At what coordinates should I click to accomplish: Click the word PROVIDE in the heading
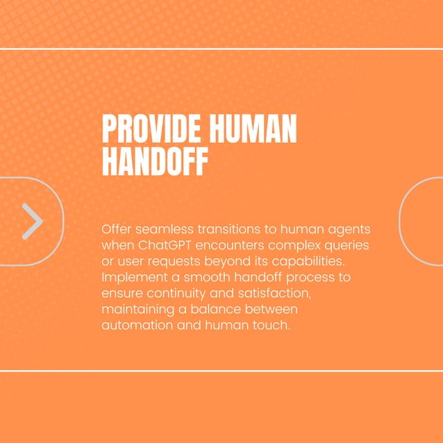tap(144, 129)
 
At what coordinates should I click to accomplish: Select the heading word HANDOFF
tap(154, 161)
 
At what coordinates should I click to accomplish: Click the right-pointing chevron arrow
tap(32, 221)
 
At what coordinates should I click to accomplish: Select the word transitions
tap(233, 229)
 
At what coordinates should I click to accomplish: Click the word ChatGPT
tap(167, 245)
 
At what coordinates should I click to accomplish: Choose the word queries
tap(345, 246)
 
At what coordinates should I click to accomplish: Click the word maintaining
tap(137, 310)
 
